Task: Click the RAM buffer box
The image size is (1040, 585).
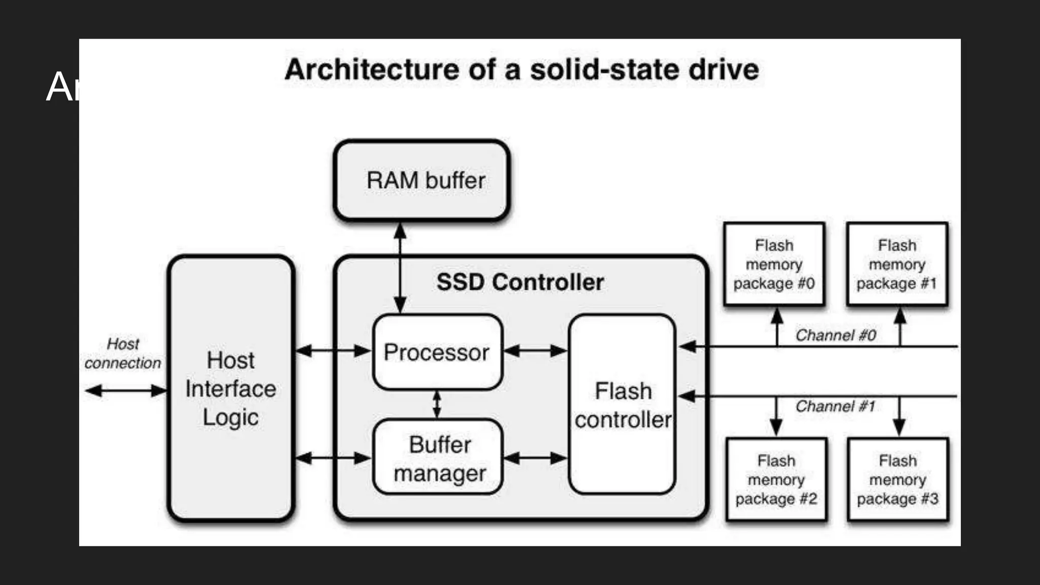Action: (421, 181)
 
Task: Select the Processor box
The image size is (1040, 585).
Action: (437, 352)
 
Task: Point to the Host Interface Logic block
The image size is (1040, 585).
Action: (231, 388)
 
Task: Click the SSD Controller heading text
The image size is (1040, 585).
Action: (520, 282)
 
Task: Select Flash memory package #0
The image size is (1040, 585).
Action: (774, 265)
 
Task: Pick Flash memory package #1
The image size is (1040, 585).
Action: (897, 265)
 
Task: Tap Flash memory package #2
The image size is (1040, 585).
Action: (776, 480)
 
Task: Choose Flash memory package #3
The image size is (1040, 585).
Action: (897, 480)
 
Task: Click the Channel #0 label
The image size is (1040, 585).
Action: (835, 335)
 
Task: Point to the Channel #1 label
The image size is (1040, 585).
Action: (835, 406)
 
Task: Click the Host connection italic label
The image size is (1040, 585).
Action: (123, 353)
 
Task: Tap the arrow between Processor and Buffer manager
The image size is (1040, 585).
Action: (437, 405)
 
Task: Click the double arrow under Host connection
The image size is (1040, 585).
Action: (125, 391)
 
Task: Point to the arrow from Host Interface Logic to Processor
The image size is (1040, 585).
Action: (333, 350)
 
